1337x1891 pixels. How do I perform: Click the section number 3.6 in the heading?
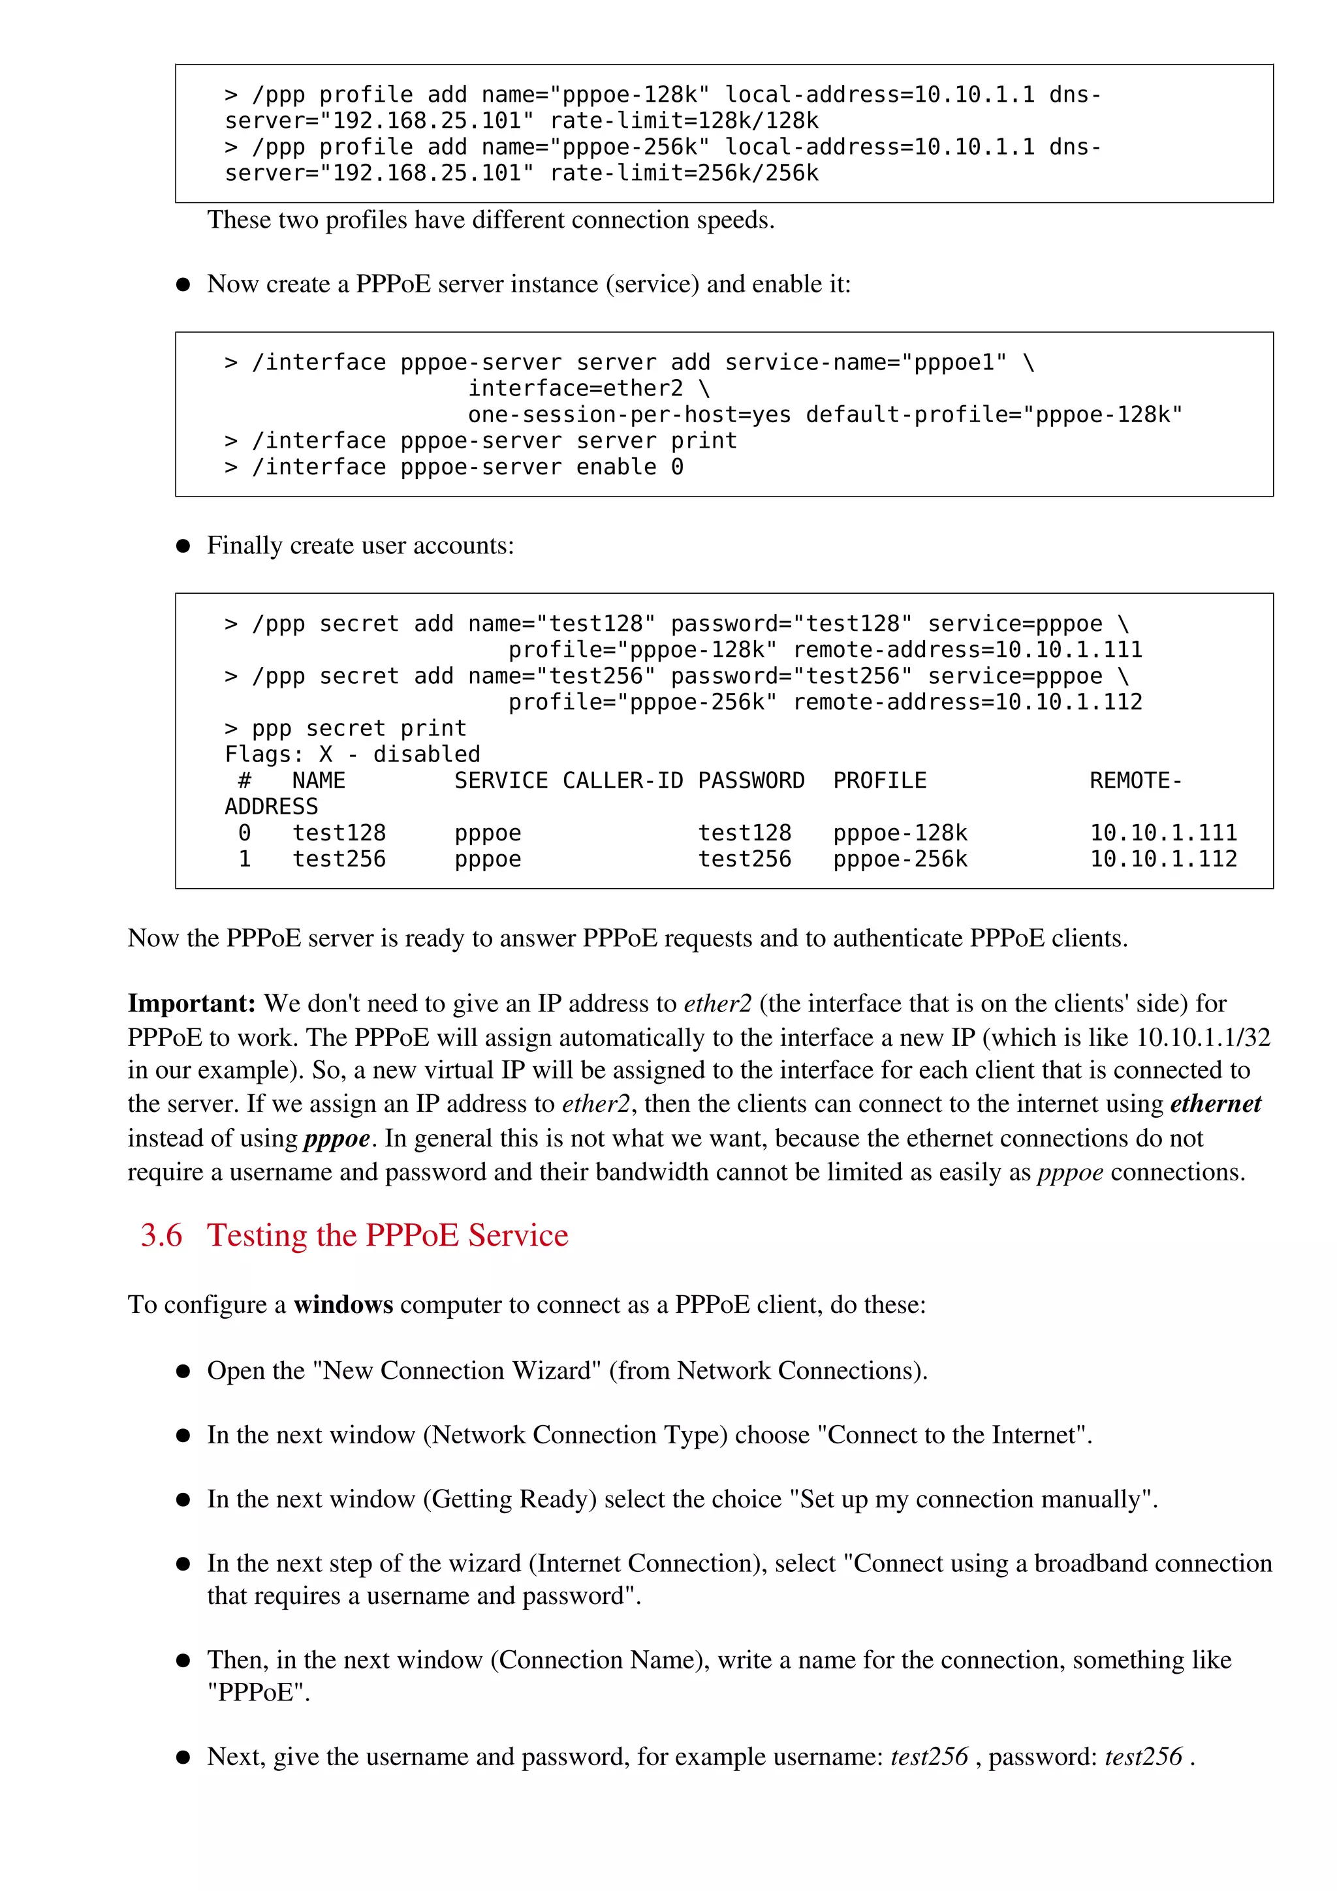[x=161, y=1235]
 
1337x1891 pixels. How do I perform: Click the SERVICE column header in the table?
[x=501, y=781]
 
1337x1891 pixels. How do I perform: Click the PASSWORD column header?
[x=751, y=781]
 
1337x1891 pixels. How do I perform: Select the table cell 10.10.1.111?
[x=1163, y=833]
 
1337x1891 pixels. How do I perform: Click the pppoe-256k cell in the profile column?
[x=900, y=859]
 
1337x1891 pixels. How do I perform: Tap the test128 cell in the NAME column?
[x=339, y=833]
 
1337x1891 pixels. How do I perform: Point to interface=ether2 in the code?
[x=575, y=389]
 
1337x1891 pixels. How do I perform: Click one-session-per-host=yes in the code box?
[x=629, y=415]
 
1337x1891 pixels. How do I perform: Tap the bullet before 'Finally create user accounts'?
[x=183, y=546]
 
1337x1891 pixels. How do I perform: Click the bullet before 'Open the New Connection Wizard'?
[x=183, y=1372]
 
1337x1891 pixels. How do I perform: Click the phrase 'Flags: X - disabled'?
[x=352, y=754]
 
